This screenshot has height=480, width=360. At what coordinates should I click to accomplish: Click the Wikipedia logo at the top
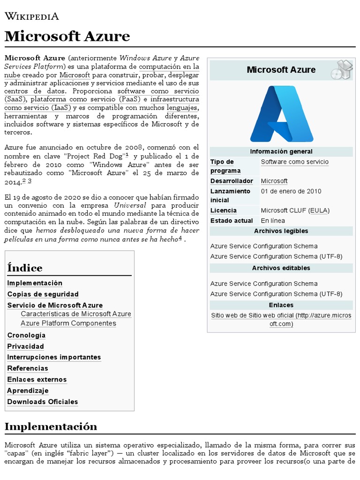tap(32, 16)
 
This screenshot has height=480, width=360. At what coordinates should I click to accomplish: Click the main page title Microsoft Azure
tap(67, 36)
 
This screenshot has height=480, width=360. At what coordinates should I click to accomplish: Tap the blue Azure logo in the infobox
tap(281, 113)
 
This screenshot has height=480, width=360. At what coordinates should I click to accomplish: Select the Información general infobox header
tap(281, 151)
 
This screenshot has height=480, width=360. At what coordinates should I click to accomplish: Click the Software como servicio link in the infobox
tap(294, 162)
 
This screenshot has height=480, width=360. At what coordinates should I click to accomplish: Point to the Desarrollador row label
tap(232, 181)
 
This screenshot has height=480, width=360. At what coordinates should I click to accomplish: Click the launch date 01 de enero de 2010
tap(291, 191)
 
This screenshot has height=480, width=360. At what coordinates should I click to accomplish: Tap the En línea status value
tap(273, 221)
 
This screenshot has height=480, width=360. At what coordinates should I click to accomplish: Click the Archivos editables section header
tap(281, 268)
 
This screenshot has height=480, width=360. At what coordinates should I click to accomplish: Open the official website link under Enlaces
tap(281, 320)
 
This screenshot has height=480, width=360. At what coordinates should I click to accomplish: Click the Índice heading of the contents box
tap(25, 268)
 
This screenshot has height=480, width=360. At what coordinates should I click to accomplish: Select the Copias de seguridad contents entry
tap(43, 294)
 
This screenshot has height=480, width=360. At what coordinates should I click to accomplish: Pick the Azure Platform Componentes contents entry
tap(68, 323)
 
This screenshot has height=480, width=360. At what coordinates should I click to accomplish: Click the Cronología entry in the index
tap(26, 335)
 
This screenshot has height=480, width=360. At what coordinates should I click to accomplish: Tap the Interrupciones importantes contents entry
tap(54, 357)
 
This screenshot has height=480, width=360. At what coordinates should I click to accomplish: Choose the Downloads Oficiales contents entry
tap(43, 402)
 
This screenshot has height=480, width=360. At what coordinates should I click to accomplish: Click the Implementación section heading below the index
tap(51, 427)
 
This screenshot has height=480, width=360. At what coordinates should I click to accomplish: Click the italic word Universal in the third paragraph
tap(130, 205)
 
